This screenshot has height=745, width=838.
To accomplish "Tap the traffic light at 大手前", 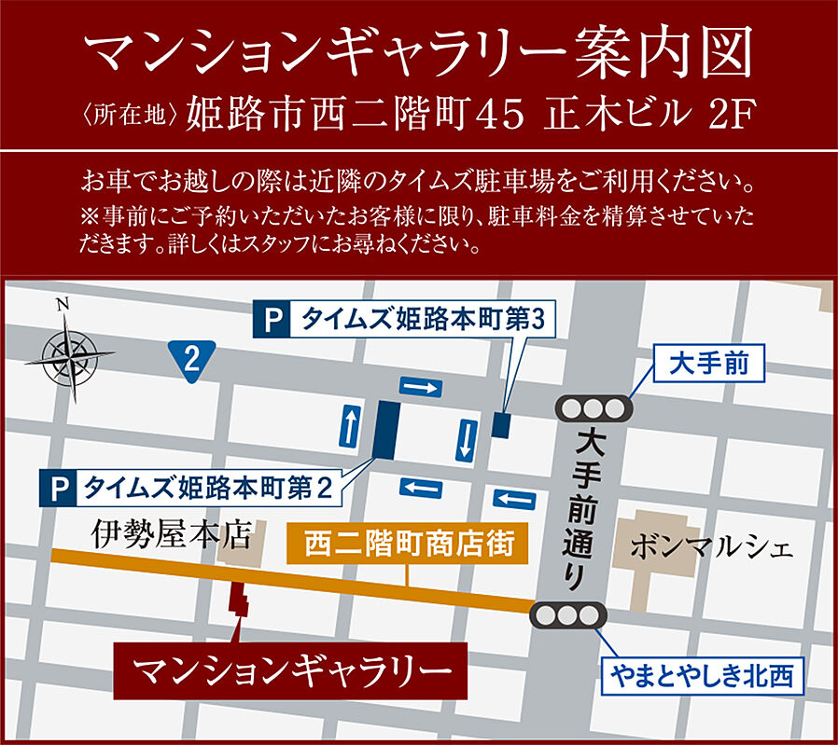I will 593,408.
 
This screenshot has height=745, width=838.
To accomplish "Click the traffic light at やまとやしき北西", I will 568,615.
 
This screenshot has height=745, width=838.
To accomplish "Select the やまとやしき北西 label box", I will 702,674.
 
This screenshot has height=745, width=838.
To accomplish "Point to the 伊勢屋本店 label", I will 174,533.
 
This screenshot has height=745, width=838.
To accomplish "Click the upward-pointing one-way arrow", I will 351,426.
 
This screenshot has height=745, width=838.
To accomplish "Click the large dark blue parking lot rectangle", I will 386,429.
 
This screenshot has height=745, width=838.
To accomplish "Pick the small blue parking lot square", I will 501,425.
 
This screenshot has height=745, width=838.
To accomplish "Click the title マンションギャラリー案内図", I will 418,56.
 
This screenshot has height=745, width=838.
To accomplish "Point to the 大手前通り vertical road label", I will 585,509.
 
